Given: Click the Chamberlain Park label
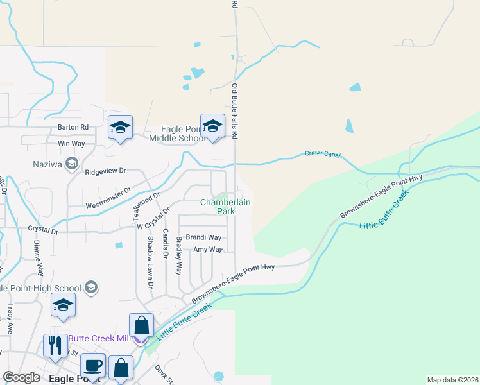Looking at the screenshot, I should tap(225, 206).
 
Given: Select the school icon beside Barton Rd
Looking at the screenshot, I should tap(120, 128).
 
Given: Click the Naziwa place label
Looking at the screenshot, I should tap(48, 164).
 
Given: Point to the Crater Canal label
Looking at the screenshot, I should tap(323, 154).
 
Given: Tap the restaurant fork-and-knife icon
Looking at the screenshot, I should tap(55, 346).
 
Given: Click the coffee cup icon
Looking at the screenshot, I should tap(93, 366).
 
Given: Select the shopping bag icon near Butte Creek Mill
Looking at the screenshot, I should tap(141, 326).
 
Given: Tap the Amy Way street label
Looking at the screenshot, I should tap(207, 249).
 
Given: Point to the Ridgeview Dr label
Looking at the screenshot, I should tap(106, 172).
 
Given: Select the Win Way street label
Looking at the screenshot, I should tap(71, 144).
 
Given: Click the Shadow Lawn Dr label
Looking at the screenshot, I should tap(151, 262).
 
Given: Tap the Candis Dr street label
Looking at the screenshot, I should tap(165, 244).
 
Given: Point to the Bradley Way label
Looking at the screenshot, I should tap(179, 256).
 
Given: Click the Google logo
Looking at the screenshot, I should tap(21, 377).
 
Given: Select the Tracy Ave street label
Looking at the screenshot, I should tap(10, 319).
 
